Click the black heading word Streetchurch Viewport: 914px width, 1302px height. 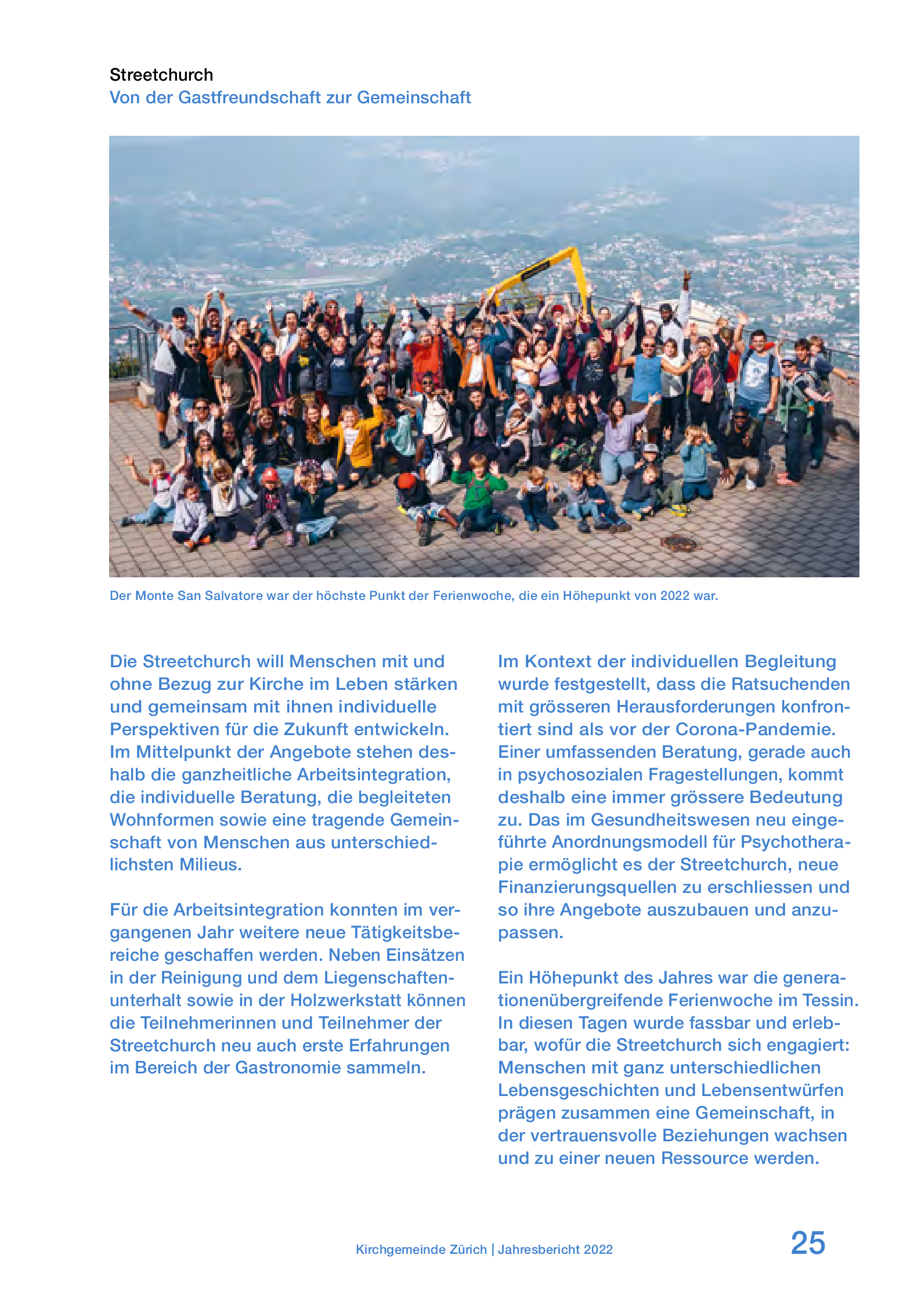[x=161, y=75]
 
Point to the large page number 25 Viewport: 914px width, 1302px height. [x=807, y=1243]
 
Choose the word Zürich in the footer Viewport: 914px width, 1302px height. [x=467, y=1249]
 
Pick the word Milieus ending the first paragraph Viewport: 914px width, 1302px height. [x=210, y=865]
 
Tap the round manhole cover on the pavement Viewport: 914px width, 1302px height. [x=678, y=542]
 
